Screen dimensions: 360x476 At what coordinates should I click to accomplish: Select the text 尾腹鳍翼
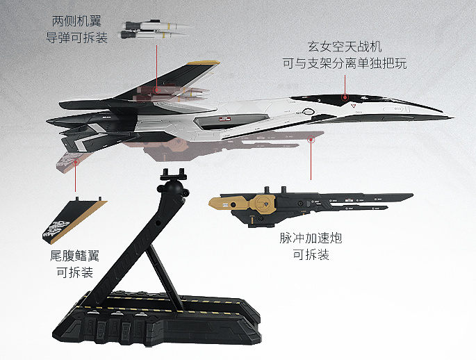tap(74, 256)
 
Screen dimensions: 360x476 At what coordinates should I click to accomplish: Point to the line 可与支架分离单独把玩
tap(345, 64)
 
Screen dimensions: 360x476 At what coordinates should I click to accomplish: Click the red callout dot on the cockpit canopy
tap(345, 97)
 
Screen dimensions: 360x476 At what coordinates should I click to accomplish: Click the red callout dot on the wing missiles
tap(157, 89)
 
